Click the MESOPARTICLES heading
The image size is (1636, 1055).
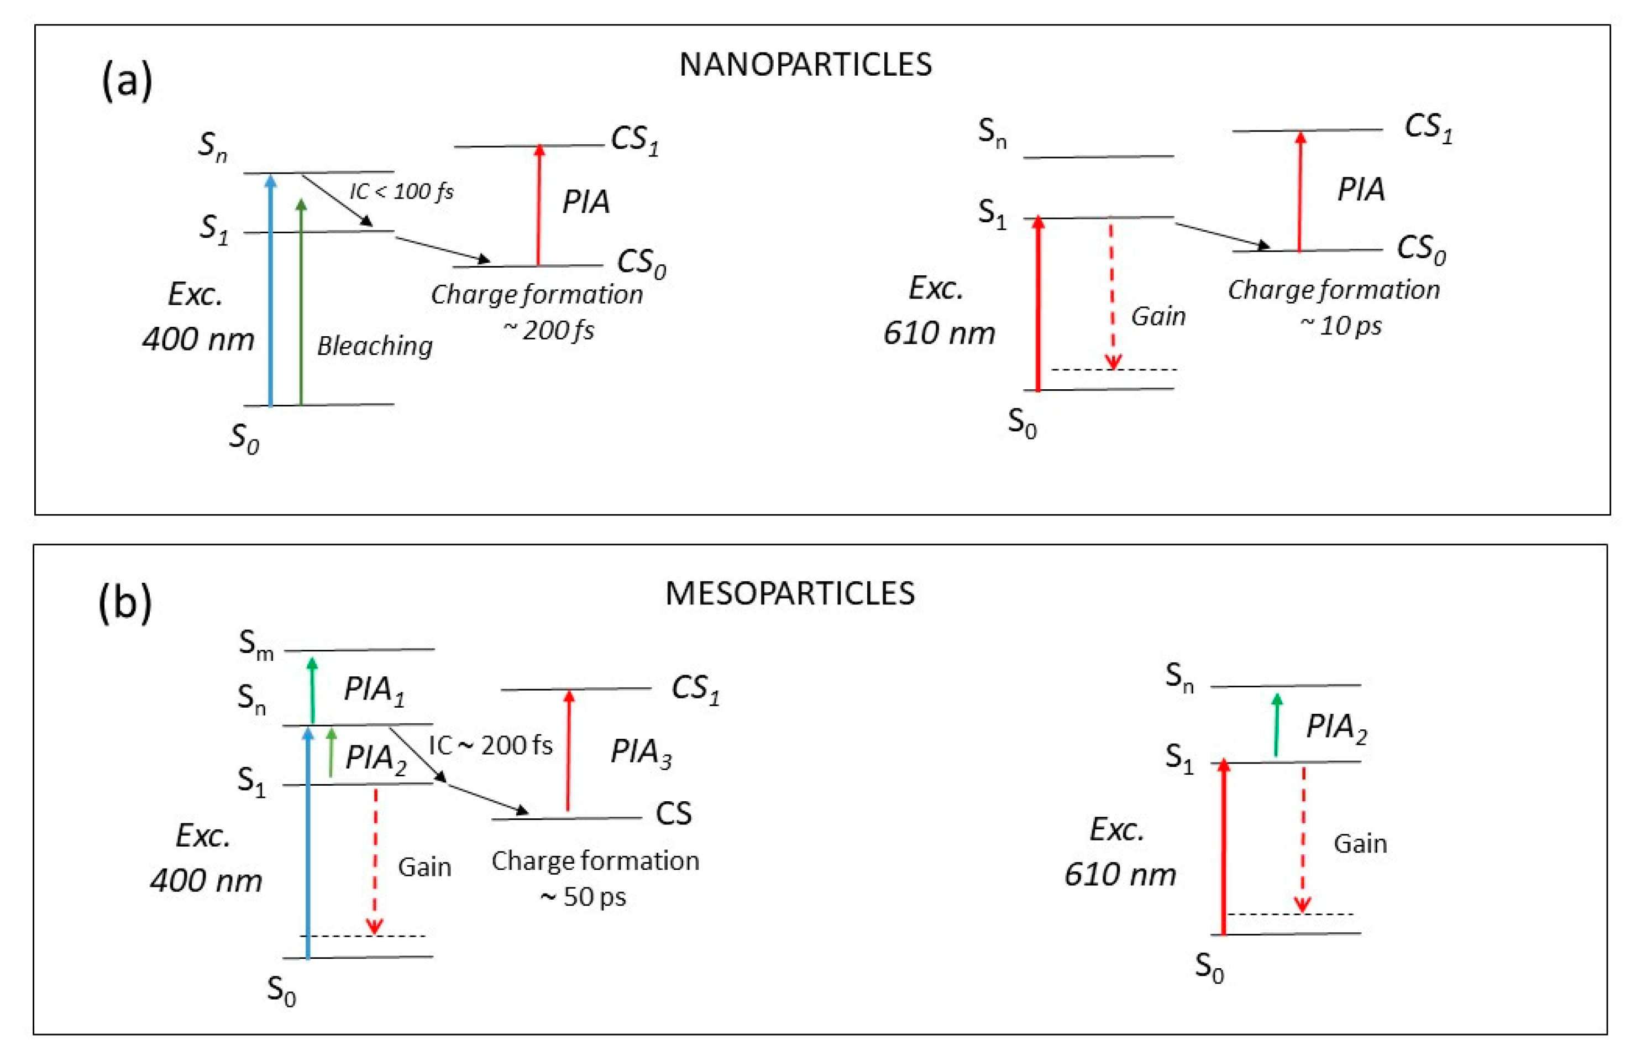pos(790,594)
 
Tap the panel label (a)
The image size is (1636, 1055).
pos(127,81)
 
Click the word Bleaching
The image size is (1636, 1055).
pos(375,346)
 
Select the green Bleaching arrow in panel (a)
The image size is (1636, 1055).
pos(301,301)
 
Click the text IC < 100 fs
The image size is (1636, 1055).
pos(401,191)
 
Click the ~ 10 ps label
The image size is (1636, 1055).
pos(1340,326)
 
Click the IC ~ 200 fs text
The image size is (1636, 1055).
pos(490,745)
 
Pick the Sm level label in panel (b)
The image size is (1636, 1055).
pos(255,644)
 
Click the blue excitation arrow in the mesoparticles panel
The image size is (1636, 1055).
pos(307,843)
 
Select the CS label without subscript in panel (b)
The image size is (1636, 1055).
pos(673,814)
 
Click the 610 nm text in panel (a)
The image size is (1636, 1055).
pos(939,333)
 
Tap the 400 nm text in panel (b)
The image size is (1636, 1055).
pos(206,881)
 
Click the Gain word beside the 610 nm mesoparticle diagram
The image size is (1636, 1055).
pos(1359,843)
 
